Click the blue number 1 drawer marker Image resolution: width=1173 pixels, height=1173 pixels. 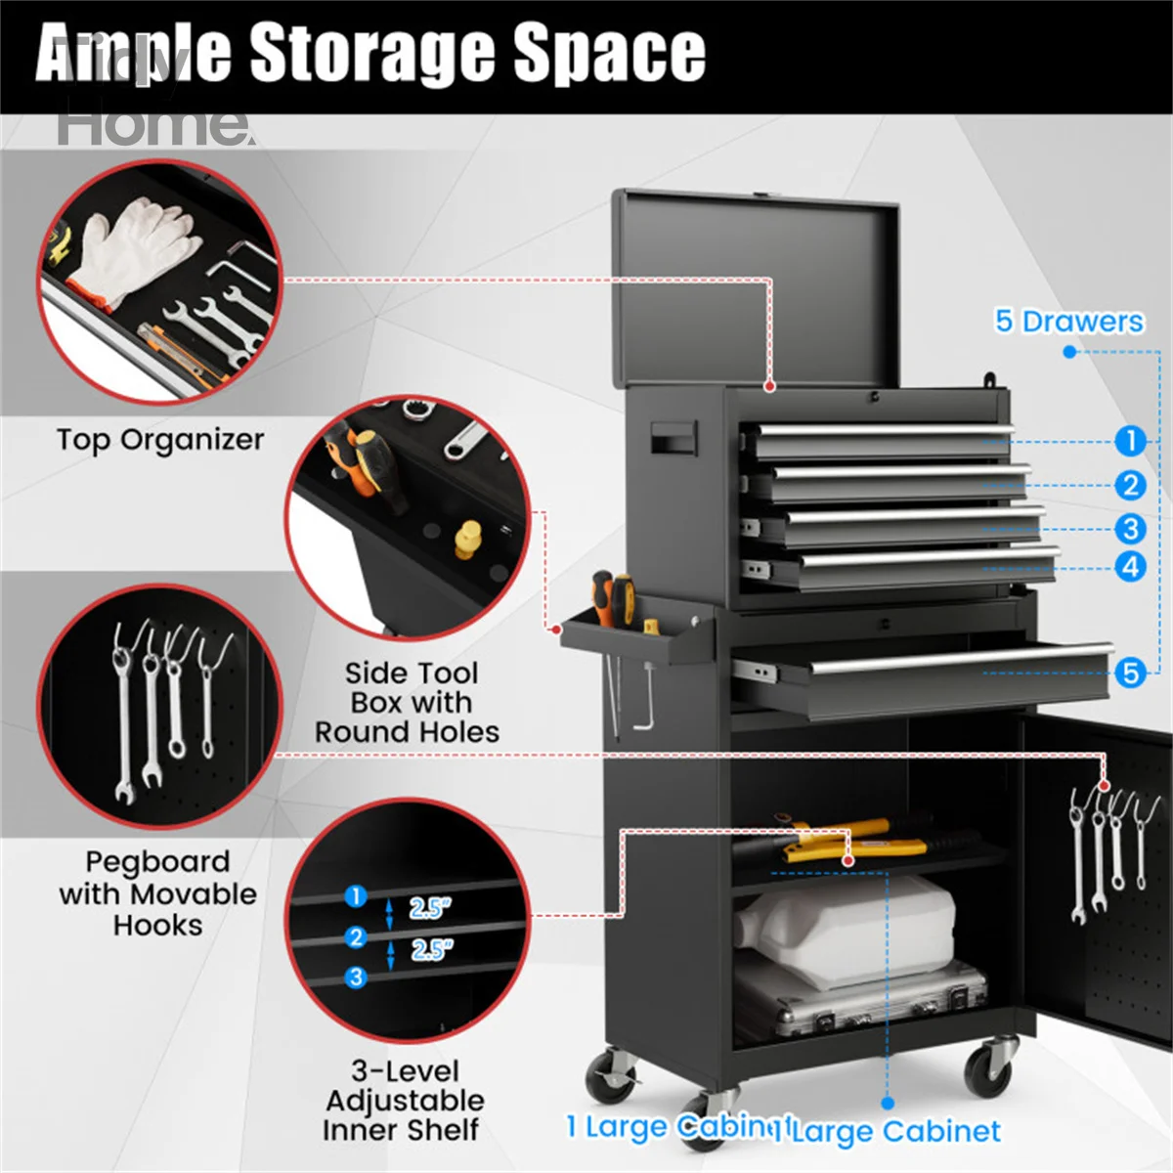(x=1130, y=441)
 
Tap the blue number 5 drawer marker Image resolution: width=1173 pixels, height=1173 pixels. (x=1130, y=673)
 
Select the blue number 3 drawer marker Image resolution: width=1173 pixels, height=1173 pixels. (x=1130, y=529)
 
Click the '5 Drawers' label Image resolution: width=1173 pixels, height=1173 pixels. (x=1068, y=322)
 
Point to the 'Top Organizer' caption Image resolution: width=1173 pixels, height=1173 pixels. (x=159, y=440)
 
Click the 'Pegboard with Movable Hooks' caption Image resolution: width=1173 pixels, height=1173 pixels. (x=157, y=893)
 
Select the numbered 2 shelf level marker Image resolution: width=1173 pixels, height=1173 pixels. (x=356, y=937)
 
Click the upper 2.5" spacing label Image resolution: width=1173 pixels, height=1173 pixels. (x=429, y=908)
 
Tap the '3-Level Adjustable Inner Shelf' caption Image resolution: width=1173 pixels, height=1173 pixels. (x=404, y=1101)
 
